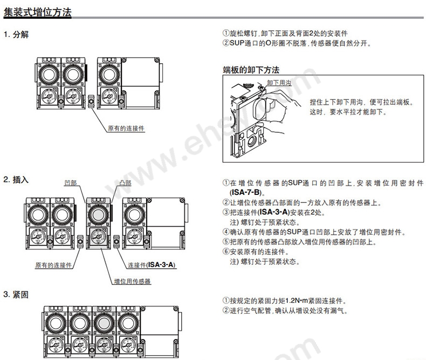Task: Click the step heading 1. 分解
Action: pyautogui.click(x=16, y=35)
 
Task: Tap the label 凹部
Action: pyautogui.click(x=71, y=184)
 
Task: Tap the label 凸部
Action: pyautogui.click(x=125, y=184)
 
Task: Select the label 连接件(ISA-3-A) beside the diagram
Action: pyautogui.click(x=152, y=265)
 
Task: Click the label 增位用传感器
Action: pyautogui.click(x=133, y=281)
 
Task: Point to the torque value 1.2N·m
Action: pyautogui.click(x=299, y=301)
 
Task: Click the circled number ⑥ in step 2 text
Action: pyautogui.click(x=226, y=252)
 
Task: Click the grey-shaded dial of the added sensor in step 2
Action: pyautogui.click(x=99, y=213)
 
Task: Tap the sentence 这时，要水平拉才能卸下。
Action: pyautogui.click(x=348, y=112)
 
